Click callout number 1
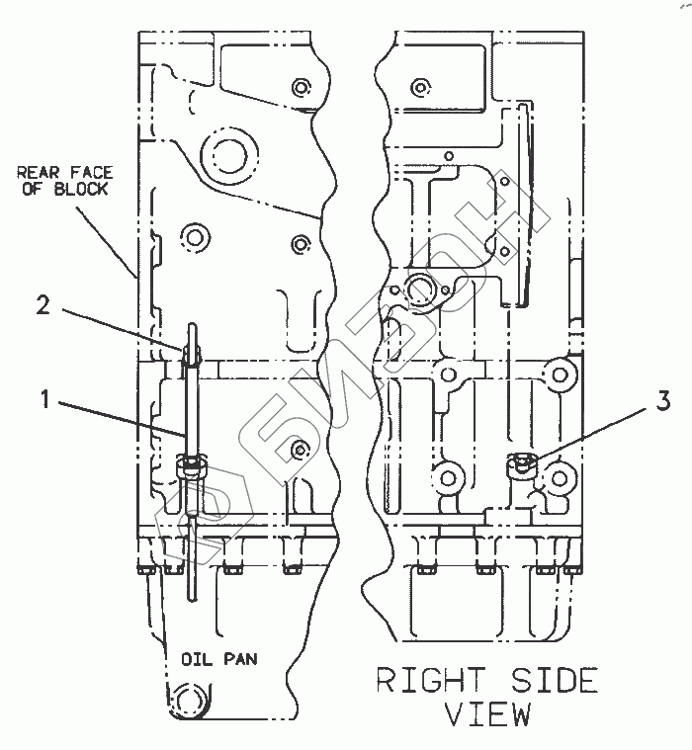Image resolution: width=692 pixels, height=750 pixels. [x=45, y=399]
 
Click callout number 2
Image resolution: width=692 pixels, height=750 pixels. [x=43, y=304]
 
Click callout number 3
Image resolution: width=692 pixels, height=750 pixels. [x=662, y=401]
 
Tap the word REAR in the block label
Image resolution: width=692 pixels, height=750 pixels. [x=38, y=172]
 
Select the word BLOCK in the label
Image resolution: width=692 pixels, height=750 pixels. [x=81, y=189]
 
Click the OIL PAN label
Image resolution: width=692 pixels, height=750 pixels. [x=219, y=659]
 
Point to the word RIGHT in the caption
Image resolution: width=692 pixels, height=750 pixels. [x=431, y=680]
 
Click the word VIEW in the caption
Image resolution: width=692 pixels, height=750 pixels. [x=487, y=714]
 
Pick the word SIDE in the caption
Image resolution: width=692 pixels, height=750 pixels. [x=556, y=680]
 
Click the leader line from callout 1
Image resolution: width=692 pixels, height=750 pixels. [x=122, y=419]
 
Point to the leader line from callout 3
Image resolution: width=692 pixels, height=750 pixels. [x=594, y=435]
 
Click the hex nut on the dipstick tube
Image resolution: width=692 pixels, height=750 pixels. [x=192, y=466]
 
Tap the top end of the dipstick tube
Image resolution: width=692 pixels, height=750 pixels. [x=192, y=325]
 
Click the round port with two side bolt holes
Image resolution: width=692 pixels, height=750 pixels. [x=420, y=291]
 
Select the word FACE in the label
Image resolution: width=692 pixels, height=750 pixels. [x=91, y=172]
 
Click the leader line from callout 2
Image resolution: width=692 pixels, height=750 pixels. [x=122, y=330]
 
